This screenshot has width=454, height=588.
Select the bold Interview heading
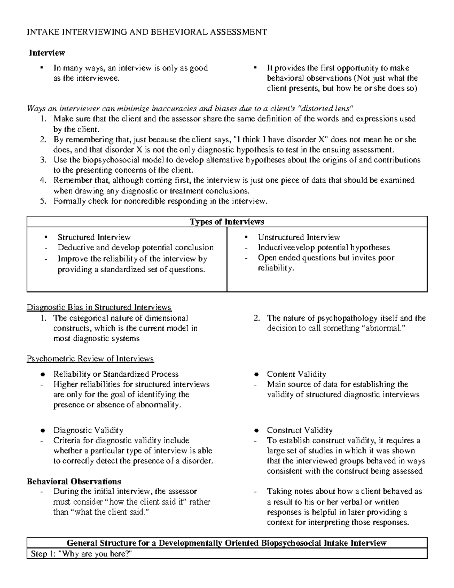pyautogui.click(x=47, y=53)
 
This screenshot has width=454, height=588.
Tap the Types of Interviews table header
pyautogui.click(x=227, y=222)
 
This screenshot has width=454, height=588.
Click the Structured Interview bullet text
pyautogui.click(x=94, y=237)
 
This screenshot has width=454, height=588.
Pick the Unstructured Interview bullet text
pyautogui.click(x=299, y=237)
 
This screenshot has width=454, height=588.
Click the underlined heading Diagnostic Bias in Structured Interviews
pyautogui.click(x=99, y=307)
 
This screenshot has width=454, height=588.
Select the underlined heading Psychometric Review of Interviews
pyautogui.click(x=90, y=359)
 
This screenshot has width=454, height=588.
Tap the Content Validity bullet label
pyautogui.click(x=296, y=374)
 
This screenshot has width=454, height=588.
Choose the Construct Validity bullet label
pyautogui.click(x=299, y=430)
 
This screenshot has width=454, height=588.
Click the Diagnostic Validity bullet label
pyautogui.click(x=88, y=430)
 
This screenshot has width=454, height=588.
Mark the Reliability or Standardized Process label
pyautogui.click(x=116, y=374)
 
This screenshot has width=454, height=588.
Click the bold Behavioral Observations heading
pyautogui.click(x=74, y=482)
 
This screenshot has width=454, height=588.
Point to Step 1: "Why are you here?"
pyautogui.click(x=82, y=554)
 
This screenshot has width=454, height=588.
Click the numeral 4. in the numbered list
pyautogui.click(x=43, y=180)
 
